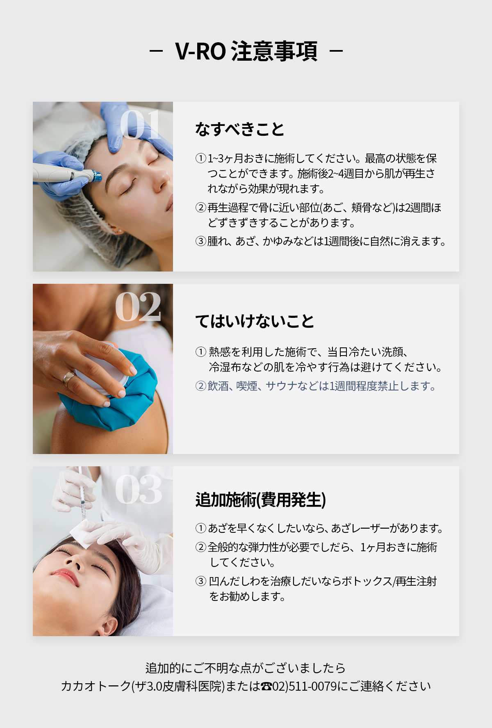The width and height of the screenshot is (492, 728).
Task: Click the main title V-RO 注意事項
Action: click(x=246, y=51)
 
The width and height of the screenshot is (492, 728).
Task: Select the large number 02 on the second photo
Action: click(x=138, y=306)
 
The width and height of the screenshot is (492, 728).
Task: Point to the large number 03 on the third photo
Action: click(x=139, y=489)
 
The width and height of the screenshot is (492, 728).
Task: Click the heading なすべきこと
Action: click(x=239, y=129)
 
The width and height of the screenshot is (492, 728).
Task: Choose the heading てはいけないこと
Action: click(x=255, y=321)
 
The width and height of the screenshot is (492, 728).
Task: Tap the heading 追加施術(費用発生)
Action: click(x=261, y=500)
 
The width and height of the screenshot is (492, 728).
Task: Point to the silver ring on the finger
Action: click(x=68, y=378)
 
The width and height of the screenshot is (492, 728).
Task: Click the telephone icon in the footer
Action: click(x=266, y=686)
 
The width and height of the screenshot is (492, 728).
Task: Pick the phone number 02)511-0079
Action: click(x=305, y=686)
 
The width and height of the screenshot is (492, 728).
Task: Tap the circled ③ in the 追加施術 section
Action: click(x=200, y=581)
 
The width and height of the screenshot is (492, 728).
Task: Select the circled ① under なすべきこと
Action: click(x=200, y=158)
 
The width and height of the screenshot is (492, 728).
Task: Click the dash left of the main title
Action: click(x=156, y=51)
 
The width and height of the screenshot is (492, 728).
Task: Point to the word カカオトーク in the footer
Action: click(x=96, y=686)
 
